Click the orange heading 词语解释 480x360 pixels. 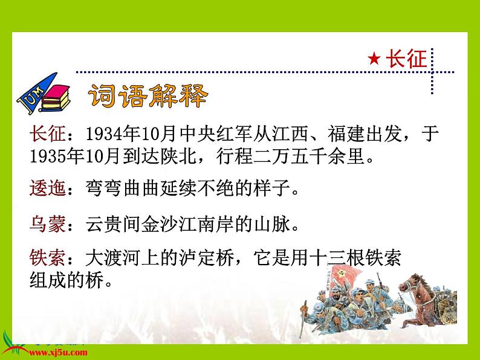coord(148,96)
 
